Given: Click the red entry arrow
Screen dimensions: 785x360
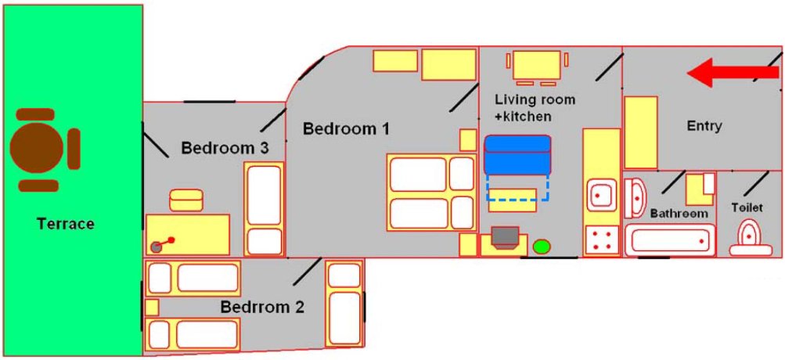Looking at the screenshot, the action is coord(733,73).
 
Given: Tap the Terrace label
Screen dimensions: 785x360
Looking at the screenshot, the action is coord(65,224).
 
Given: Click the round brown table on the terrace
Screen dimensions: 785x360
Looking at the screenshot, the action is coord(37,148).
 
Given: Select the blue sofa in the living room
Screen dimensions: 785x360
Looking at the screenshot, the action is coord(517,155).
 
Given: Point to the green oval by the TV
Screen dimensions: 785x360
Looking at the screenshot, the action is coord(542,247).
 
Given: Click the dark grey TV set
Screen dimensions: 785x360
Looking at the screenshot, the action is coord(505,237).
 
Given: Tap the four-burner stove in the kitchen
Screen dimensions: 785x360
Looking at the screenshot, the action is coord(601,241).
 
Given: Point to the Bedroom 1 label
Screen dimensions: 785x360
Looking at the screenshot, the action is coord(347,128).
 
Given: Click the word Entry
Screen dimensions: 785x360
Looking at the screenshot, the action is coord(704,126).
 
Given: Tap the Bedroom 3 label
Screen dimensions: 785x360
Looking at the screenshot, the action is coord(225,148).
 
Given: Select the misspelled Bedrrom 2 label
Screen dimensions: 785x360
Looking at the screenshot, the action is coord(262,307).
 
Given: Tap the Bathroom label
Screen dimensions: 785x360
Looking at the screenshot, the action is coord(679,214).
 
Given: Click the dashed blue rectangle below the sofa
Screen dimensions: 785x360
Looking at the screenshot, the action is coord(517,188).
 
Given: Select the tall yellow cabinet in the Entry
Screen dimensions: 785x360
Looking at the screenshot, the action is coord(641,132).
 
